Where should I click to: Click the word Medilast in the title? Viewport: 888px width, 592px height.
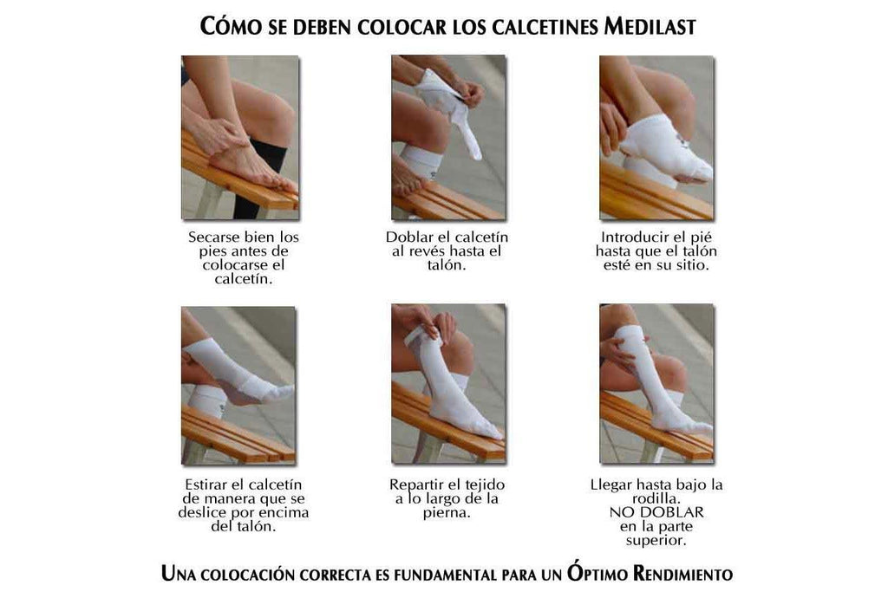(650, 27)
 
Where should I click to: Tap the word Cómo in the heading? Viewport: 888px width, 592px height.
(225, 25)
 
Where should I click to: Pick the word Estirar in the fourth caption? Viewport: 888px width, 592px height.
(206, 485)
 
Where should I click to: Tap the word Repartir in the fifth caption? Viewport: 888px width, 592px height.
(412, 485)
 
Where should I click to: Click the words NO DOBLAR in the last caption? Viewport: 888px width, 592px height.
(656, 513)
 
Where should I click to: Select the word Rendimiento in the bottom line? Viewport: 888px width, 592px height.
(682, 574)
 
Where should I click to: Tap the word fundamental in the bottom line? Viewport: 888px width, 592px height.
(445, 575)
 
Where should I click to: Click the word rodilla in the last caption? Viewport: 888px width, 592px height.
(656, 499)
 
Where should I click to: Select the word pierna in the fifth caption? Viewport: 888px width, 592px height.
(446, 513)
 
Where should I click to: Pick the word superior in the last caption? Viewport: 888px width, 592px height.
(656, 541)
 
